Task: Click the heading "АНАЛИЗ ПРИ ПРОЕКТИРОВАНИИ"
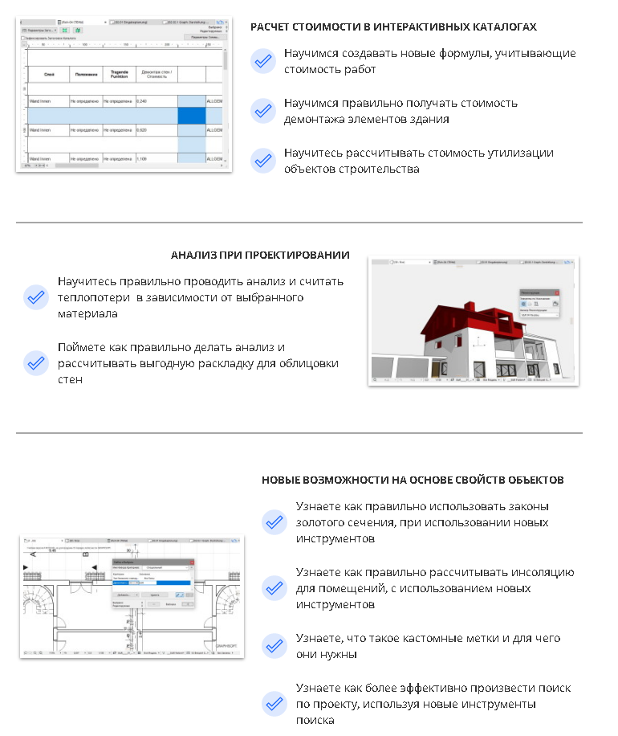pos(259,255)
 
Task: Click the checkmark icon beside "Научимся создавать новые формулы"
pos(262,61)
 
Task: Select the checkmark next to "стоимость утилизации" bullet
pos(262,161)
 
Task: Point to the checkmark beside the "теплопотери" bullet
pos(35,297)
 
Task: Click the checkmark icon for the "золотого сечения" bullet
pos(274,522)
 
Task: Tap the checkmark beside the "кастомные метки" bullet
pos(274,646)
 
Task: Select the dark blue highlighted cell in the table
pos(191,115)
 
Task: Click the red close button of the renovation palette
pos(557,292)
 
